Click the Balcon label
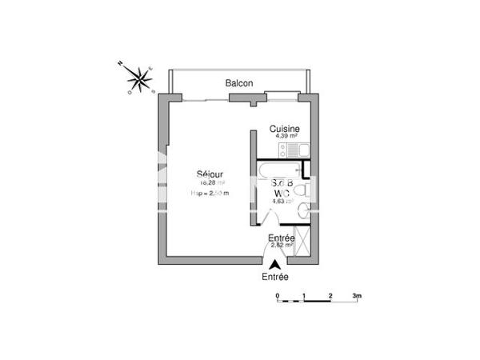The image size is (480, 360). pyautogui.click(x=239, y=83)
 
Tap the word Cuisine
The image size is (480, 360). pyautogui.click(x=284, y=129)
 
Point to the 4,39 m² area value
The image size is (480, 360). pyautogui.click(x=284, y=136)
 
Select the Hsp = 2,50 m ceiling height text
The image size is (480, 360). pyautogui.click(x=210, y=193)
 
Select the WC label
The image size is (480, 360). pyautogui.click(x=281, y=193)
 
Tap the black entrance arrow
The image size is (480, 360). pyautogui.click(x=275, y=266)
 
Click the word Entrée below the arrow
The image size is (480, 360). pyautogui.click(x=275, y=277)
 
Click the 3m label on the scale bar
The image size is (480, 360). pyautogui.click(x=357, y=296)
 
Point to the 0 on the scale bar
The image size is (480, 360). pyautogui.click(x=277, y=296)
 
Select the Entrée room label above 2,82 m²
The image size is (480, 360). pyautogui.click(x=280, y=238)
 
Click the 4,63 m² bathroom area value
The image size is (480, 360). pyautogui.click(x=282, y=202)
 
